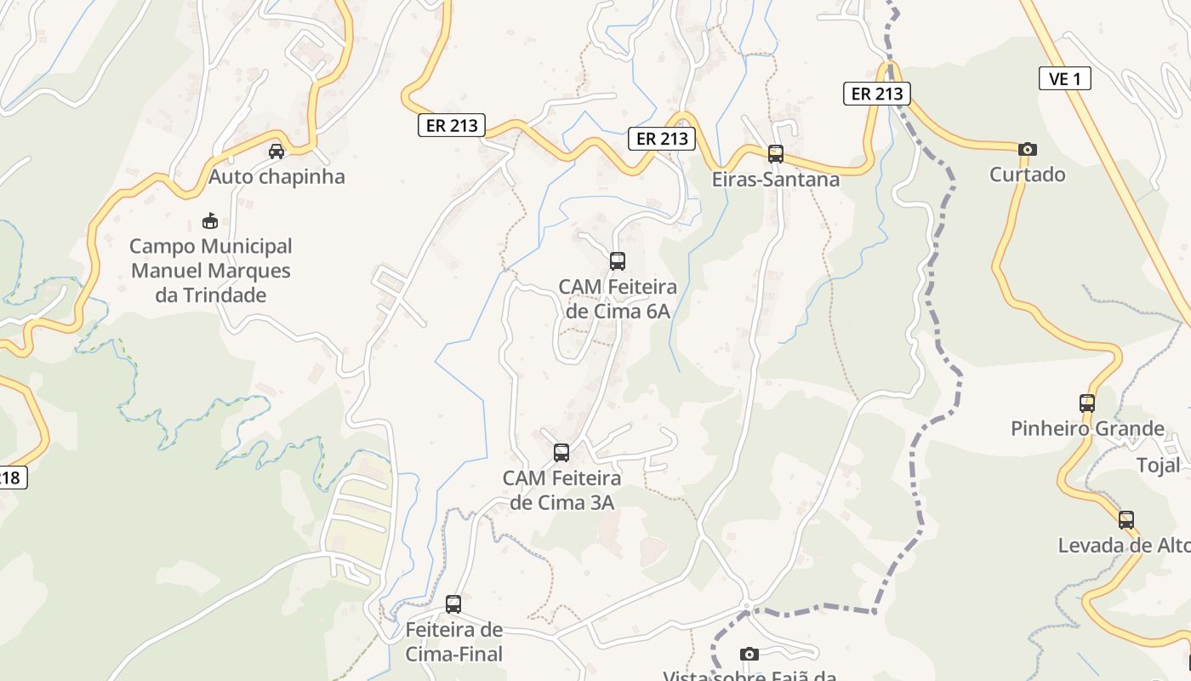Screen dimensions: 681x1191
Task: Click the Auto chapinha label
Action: point(276,176)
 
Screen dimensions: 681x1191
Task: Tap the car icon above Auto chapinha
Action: point(276,152)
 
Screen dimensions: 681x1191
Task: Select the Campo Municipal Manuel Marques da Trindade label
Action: point(210,271)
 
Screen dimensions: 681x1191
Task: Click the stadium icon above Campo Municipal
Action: point(209,221)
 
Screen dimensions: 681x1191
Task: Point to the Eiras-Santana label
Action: point(775,179)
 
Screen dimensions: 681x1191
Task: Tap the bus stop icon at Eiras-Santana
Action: point(775,154)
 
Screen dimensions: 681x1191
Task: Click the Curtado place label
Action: point(1027,175)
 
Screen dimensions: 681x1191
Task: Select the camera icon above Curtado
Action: point(1027,150)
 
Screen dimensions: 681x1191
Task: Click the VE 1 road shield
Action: point(1064,79)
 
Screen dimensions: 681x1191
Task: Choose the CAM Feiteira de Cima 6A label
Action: point(618,299)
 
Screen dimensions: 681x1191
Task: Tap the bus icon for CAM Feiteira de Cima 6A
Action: point(618,261)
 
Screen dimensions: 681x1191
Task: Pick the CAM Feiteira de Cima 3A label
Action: point(561,489)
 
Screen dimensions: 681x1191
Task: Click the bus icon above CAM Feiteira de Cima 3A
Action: point(561,453)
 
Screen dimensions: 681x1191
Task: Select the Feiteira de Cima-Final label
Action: point(454,642)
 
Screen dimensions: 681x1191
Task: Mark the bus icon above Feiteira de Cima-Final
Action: point(453,604)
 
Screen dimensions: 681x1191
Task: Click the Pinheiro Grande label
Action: point(1086,428)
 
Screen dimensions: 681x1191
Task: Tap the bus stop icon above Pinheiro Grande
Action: point(1086,403)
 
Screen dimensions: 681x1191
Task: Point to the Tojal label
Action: point(1158,466)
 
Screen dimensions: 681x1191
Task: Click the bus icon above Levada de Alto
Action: point(1126,520)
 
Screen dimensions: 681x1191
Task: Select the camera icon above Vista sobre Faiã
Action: point(749,654)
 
